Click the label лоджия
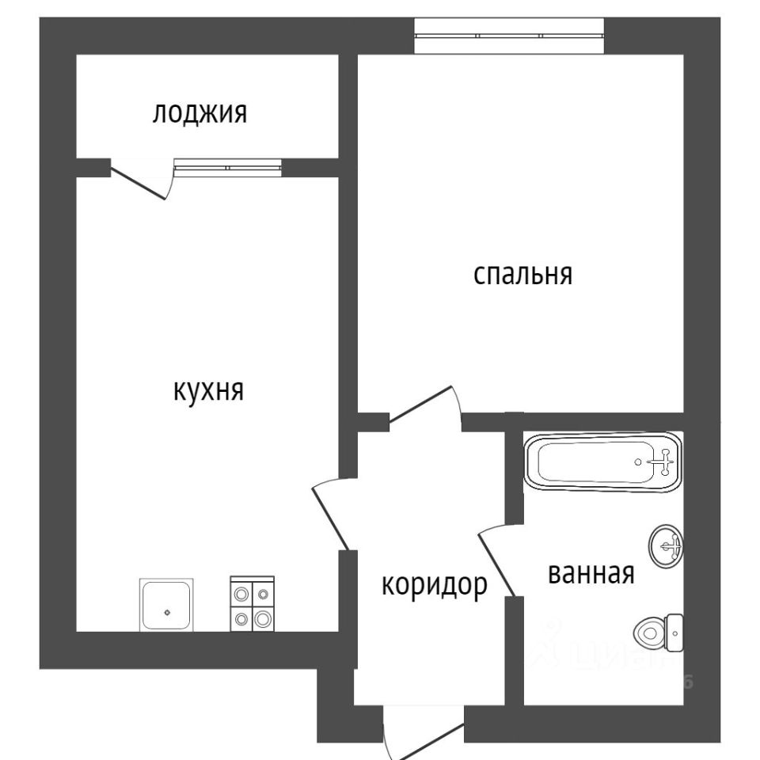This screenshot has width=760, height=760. point(199,113)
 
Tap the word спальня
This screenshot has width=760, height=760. point(522,275)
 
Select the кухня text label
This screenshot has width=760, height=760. point(208,390)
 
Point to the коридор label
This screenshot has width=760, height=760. point(434,585)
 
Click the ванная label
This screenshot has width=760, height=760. point(591,572)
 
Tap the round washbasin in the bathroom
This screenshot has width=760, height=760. point(667,545)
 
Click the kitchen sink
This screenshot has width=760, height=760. point(166,605)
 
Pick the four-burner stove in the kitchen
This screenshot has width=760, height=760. point(252,605)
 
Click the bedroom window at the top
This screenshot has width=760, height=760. point(509,36)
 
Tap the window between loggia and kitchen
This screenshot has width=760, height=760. point(227,167)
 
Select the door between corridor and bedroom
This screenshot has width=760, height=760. point(424,407)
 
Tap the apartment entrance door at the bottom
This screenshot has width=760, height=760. point(424,740)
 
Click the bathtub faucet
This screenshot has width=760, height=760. point(663,461)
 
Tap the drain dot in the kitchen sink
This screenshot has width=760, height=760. point(166,610)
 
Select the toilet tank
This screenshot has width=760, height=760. point(675,631)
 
